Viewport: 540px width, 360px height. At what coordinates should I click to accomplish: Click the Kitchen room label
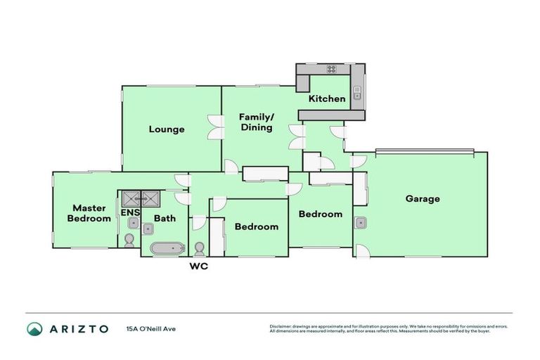tap(328, 98)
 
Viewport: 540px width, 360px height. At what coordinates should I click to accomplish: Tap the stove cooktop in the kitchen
tap(330, 69)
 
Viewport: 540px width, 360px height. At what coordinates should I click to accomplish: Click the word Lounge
tap(167, 129)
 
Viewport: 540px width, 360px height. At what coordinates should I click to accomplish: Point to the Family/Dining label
tap(256, 122)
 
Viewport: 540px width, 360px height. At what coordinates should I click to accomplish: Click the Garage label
tap(423, 198)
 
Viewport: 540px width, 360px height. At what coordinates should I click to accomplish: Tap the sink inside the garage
tap(360, 223)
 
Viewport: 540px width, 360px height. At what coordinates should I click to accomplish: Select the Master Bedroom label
tap(89, 213)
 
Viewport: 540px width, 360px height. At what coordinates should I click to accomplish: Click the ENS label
tap(130, 212)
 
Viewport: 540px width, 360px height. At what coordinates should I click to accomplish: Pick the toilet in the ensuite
tap(129, 240)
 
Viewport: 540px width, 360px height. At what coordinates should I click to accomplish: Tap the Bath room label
tap(165, 219)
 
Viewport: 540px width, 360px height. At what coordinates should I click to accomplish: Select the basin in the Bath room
tap(149, 229)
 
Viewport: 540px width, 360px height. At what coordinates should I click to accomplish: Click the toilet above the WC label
tap(200, 249)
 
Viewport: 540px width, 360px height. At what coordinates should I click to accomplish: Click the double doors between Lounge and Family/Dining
tap(215, 127)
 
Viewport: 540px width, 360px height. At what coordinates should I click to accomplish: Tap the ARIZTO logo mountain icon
tap(34, 328)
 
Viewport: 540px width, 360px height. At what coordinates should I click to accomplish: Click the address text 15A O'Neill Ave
tap(150, 328)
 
